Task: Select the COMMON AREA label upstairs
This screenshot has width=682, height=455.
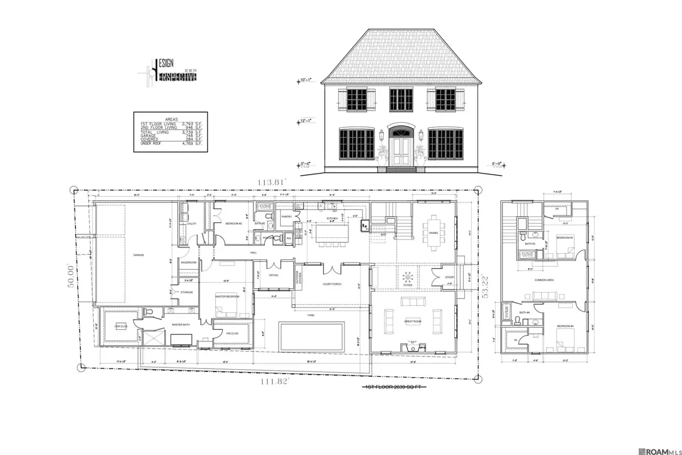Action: click(544, 280)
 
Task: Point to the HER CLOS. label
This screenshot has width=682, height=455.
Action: click(121, 326)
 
